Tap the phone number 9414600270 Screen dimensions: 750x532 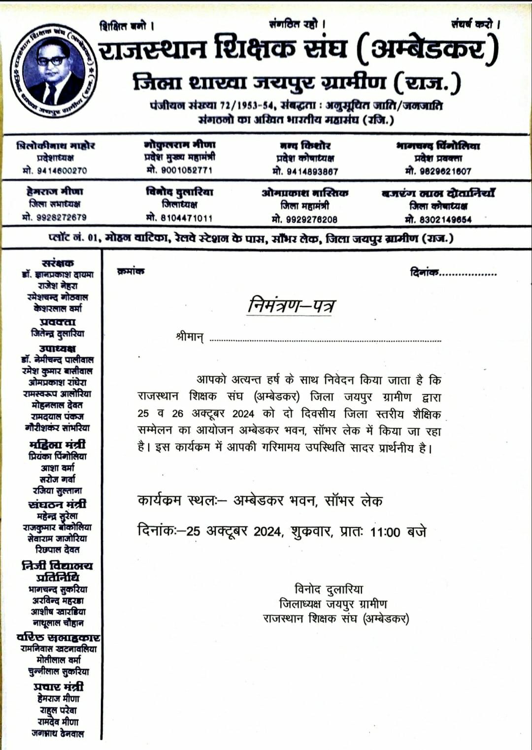[55, 170]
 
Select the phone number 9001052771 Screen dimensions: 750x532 [179, 170]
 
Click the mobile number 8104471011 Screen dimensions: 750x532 [179, 218]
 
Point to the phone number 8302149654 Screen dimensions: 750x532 [438, 220]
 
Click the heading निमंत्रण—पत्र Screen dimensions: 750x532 [292, 306]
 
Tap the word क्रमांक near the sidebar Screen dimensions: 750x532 [131, 271]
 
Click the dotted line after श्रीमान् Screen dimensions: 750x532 [325, 340]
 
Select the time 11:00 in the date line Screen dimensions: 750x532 [385, 532]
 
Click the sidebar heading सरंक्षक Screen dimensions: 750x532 [58, 263]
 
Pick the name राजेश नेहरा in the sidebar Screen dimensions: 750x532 [58, 286]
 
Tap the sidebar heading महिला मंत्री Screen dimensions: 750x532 [58, 445]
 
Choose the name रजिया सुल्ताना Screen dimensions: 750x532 [58, 490]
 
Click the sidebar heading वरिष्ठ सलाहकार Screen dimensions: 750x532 [58, 637]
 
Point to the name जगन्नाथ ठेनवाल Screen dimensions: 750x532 [58, 733]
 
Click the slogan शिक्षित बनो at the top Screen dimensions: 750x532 [127, 26]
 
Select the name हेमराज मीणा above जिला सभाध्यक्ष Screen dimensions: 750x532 [55, 192]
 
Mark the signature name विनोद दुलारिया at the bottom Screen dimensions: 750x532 [329, 589]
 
